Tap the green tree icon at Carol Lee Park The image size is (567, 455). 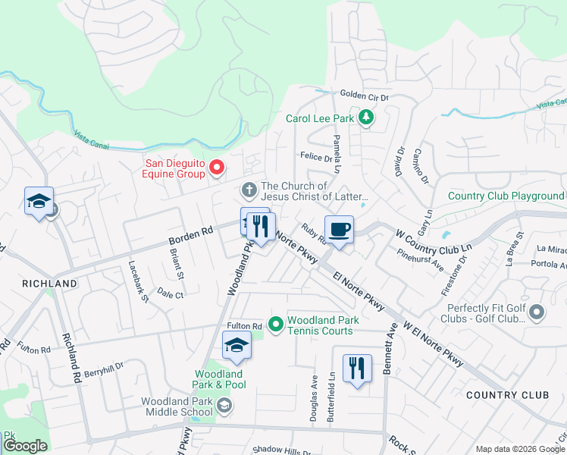click(x=367, y=118)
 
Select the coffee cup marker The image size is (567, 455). click(x=339, y=229)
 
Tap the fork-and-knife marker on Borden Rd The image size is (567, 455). click(x=260, y=226)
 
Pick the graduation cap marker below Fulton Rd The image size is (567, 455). click(x=237, y=346)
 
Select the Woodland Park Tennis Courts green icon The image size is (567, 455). click(x=276, y=325)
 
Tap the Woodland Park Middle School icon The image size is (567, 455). click(x=224, y=406)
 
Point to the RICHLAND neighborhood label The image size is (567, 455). click(x=50, y=284)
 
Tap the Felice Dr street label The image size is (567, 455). click(x=316, y=158)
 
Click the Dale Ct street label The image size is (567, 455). click(x=171, y=294)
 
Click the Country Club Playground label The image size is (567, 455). click(x=506, y=196)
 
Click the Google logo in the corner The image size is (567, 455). click(x=25, y=446)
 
